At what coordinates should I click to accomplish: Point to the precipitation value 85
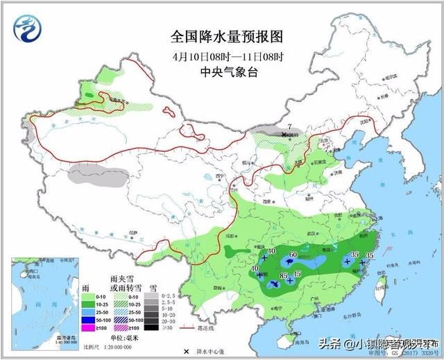[283, 277]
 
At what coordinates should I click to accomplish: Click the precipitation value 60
[293, 255]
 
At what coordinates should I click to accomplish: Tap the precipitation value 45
[298, 275]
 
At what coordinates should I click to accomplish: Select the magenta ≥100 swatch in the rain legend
[88, 327]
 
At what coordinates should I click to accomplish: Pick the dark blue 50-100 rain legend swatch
[88, 318]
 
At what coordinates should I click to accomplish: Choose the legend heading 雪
[153, 286]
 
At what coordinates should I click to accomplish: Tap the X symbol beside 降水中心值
[185, 352]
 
